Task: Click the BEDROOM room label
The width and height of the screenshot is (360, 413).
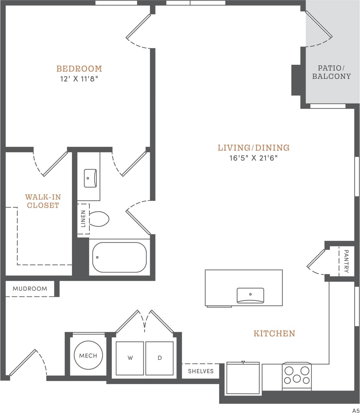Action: (79, 69)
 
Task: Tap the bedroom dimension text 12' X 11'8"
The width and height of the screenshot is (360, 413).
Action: (79, 79)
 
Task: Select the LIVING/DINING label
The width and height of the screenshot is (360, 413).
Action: (254, 148)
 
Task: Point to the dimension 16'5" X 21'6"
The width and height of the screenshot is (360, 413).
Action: (254, 158)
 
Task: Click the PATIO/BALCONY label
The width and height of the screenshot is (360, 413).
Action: (331, 72)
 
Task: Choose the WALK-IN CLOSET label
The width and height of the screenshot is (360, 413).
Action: (43, 201)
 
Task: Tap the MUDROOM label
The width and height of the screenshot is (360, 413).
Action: (30, 288)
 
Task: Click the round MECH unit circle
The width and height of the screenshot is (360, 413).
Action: (88, 355)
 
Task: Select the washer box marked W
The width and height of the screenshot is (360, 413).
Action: (130, 358)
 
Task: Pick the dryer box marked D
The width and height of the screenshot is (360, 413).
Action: (159, 358)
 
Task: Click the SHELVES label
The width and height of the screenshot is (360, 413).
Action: (201, 371)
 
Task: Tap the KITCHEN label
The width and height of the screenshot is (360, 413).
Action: (274, 333)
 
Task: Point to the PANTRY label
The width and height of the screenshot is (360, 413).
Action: (346, 261)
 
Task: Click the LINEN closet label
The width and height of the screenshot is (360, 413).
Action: (83, 219)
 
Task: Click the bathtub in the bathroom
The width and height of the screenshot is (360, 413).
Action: (119, 257)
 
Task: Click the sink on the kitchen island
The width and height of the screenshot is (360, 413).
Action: (250, 295)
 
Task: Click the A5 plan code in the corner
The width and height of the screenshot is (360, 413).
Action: (355, 410)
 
